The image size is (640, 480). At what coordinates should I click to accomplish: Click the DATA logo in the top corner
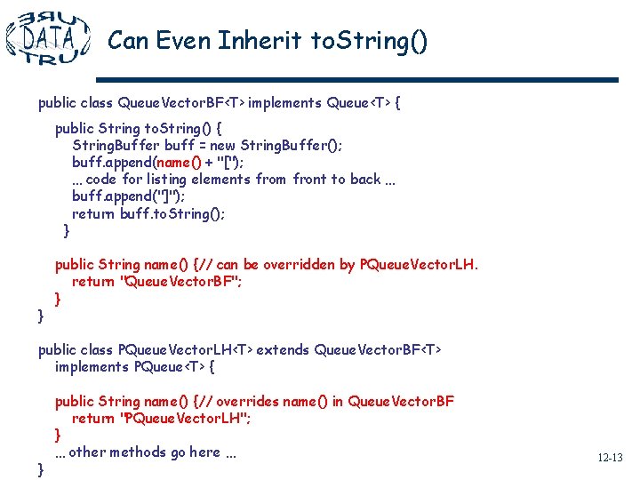(48, 37)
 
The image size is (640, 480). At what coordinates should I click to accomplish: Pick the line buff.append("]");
(129, 196)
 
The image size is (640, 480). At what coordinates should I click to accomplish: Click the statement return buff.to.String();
(148, 213)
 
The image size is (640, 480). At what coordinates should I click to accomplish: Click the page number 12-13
(610, 458)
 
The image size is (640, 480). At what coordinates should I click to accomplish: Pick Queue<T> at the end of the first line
(358, 103)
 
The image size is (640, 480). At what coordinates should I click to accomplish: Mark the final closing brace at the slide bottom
(41, 469)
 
